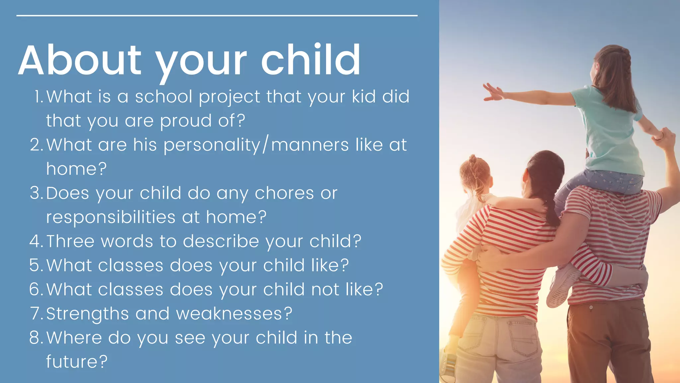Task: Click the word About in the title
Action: click(80, 61)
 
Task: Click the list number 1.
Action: click(39, 97)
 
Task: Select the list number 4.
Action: click(35, 241)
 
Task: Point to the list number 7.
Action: click(36, 314)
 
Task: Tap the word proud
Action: click(186, 121)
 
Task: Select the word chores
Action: click(284, 193)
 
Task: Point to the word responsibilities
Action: click(111, 217)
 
